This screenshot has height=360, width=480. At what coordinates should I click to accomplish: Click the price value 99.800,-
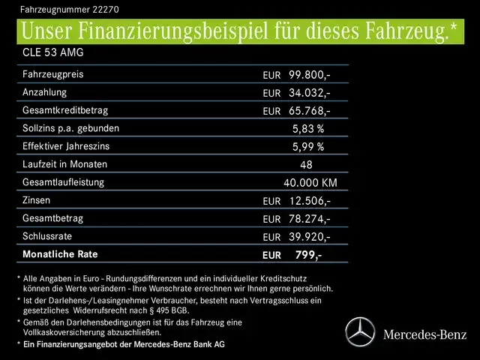309,75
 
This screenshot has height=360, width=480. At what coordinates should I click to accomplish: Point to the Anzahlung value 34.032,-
309,93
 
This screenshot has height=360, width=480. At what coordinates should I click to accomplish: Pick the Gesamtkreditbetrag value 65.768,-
309,111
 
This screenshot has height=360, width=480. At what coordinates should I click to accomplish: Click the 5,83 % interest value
308,128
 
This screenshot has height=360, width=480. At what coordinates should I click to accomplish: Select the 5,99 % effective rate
308,146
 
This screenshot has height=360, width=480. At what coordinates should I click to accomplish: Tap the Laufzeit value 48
305,164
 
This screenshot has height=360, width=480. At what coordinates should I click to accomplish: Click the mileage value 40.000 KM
310,182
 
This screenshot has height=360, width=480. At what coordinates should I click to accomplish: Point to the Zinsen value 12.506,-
309,200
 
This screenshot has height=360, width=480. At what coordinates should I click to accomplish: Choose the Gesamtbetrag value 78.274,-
309,218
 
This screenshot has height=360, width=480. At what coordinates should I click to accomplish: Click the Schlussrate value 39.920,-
309,236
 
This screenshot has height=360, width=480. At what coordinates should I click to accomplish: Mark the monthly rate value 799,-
308,255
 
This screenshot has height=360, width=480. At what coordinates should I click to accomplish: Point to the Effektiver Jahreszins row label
67,146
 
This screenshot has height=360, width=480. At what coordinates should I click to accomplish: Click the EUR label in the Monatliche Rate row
272,255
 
